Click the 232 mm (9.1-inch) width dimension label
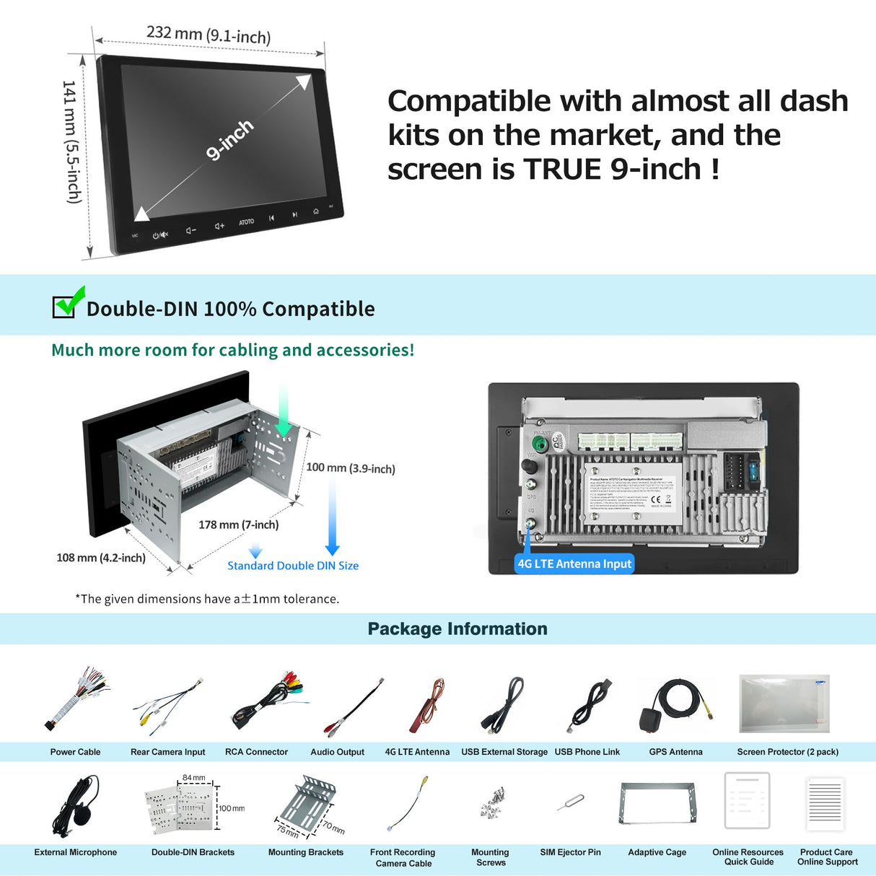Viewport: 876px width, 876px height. point(209,34)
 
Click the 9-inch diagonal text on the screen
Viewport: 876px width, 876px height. point(229,139)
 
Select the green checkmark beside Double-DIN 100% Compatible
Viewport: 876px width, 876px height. point(69,303)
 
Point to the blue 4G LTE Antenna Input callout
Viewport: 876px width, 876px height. point(574,564)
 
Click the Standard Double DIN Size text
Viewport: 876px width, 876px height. point(293,566)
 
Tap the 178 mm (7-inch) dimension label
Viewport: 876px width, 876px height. point(238,525)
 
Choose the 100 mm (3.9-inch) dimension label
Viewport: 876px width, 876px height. point(351,468)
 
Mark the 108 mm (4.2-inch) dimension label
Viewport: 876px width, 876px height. point(101,558)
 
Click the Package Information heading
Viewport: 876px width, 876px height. point(457,628)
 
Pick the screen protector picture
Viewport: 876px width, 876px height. point(784,704)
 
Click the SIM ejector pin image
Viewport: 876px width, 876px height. point(571,802)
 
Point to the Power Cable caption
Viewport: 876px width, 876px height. point(75,752)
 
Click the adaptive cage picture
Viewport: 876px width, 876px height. point(657,803)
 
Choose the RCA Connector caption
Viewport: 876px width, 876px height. point(256,752)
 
